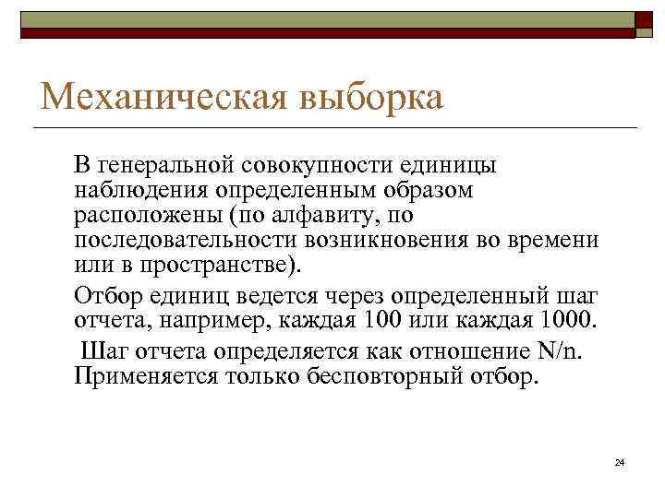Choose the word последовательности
182,239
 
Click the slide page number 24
620,461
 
